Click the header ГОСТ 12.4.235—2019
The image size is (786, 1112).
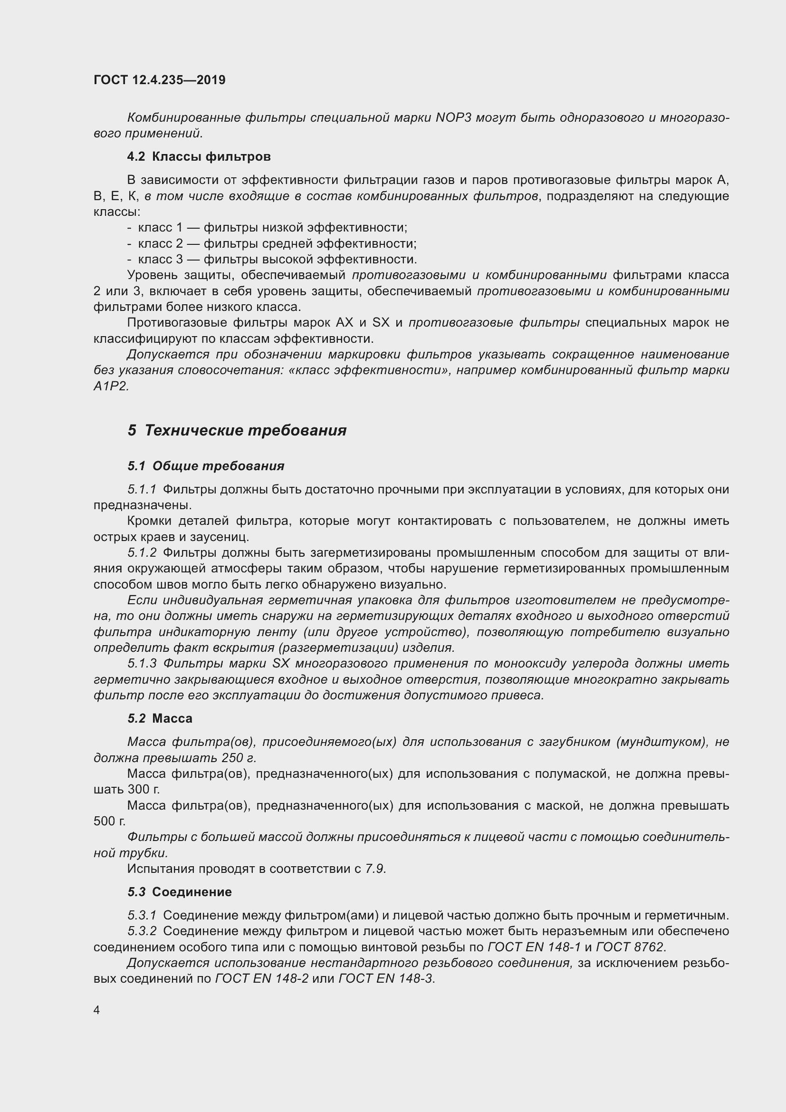(x=159, y=80)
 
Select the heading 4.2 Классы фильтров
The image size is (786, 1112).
(x=199, y=156)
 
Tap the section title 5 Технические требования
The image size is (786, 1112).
(x=237, y=431)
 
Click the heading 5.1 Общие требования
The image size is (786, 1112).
(x=206, y=466)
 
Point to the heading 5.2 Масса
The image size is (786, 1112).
(x=160, y=718)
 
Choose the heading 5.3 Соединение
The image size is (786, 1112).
(x=180, y=891)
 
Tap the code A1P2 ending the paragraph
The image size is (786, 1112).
(x=111, y=387)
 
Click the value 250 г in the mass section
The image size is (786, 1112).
(x=238, y=758)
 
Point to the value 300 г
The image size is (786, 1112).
(x=144, y=790)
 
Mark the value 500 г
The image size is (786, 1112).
(x=109, y=821)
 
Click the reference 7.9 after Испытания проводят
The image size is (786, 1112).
(x=375, y=869)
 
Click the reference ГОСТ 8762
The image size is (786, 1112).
(x=631, y=947)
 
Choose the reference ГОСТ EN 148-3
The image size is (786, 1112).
(x=386, y=979)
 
